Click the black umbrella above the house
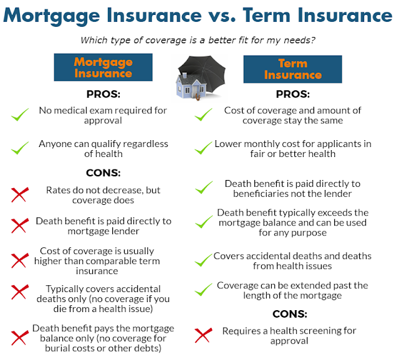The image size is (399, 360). point(204,72)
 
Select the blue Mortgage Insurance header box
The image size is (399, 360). point(103,67)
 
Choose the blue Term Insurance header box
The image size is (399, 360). point(292,69)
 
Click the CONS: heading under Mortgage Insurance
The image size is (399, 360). point(103,173)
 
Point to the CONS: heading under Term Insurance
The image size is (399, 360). point(289,314)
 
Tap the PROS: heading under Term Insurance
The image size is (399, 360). point(292,94)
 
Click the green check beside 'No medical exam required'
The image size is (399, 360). point(20,115)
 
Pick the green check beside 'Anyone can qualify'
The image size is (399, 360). point(20,148)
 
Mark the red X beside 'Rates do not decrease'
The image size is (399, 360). point(20,195)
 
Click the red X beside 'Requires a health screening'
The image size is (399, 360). point(203,335)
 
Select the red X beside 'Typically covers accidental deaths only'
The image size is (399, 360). point(20,292)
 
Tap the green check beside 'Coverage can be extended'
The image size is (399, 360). point(203,290)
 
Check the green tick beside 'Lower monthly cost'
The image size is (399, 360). point(203,148)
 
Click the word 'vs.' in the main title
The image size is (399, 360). point(222,16)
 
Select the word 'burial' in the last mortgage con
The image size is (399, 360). point(57,348)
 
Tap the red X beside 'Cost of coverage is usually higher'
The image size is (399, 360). point(20,260)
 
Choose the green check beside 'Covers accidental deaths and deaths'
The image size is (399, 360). point(203,260)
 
